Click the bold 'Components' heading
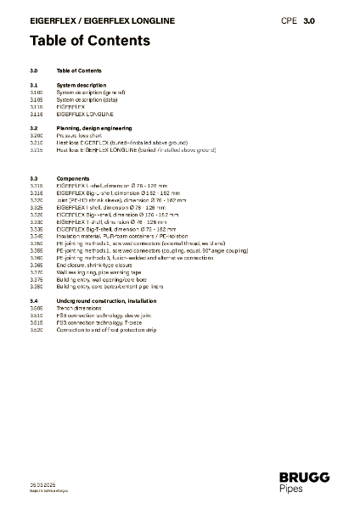click(72, 180)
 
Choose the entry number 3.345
click(36, 237)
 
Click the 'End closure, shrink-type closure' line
click(96, 265)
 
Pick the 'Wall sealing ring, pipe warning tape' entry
click(100, 272)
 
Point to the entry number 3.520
click(36, 329)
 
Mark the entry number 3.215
click(36, 149)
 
